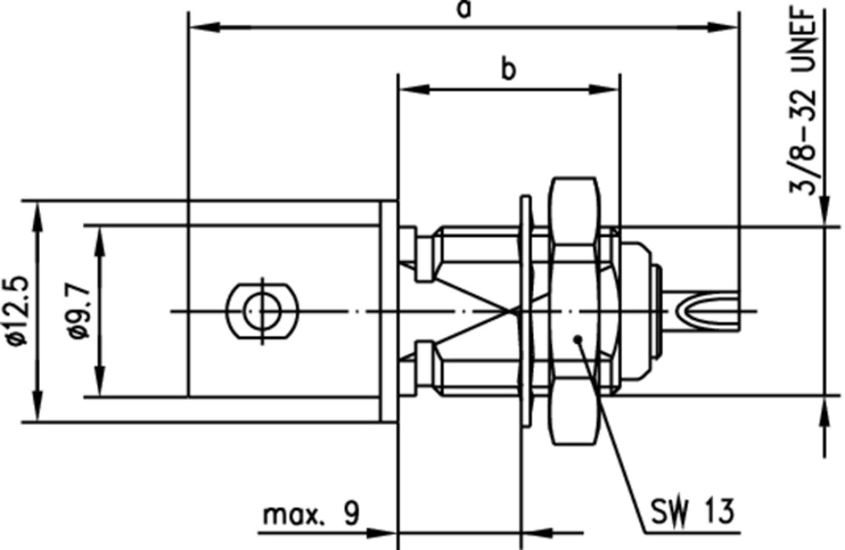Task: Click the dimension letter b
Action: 508,70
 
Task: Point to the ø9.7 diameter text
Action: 81,312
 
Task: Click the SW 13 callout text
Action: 693,512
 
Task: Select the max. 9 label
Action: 311,514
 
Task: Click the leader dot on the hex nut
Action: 577,340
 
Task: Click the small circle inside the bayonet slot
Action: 262,311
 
